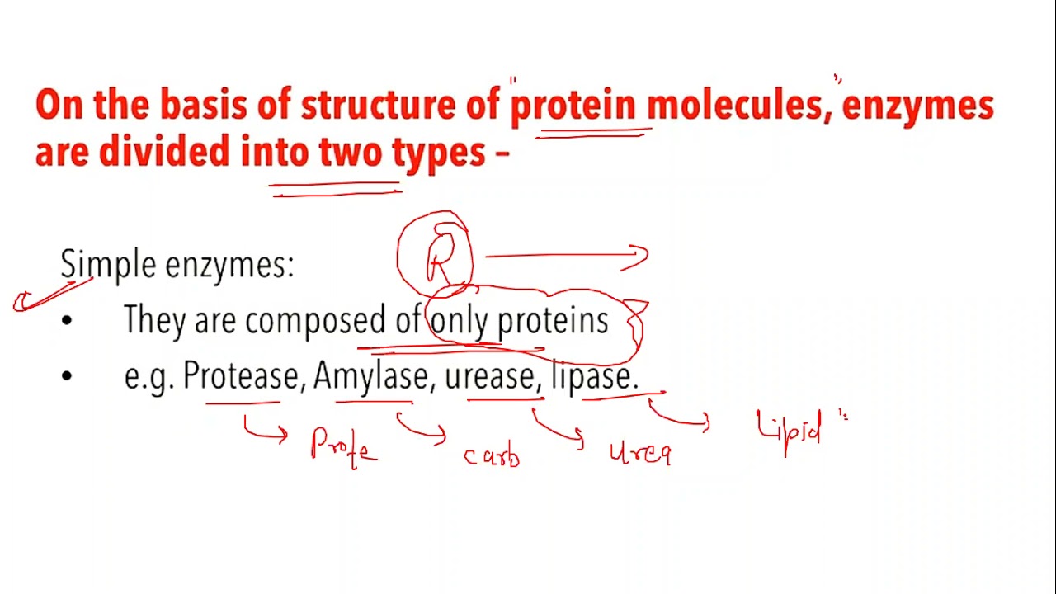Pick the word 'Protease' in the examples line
(x=240, y=376)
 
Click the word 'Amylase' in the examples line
(x=370, y=377)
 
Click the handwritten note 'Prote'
(x=344, y=446)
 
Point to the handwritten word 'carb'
(x=492, y=455)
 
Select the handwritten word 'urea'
(x=640, y=453)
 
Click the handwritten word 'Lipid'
(x=790, y=431)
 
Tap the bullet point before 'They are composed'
(x=67, y=321)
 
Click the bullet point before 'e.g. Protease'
(x=67, y=376)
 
